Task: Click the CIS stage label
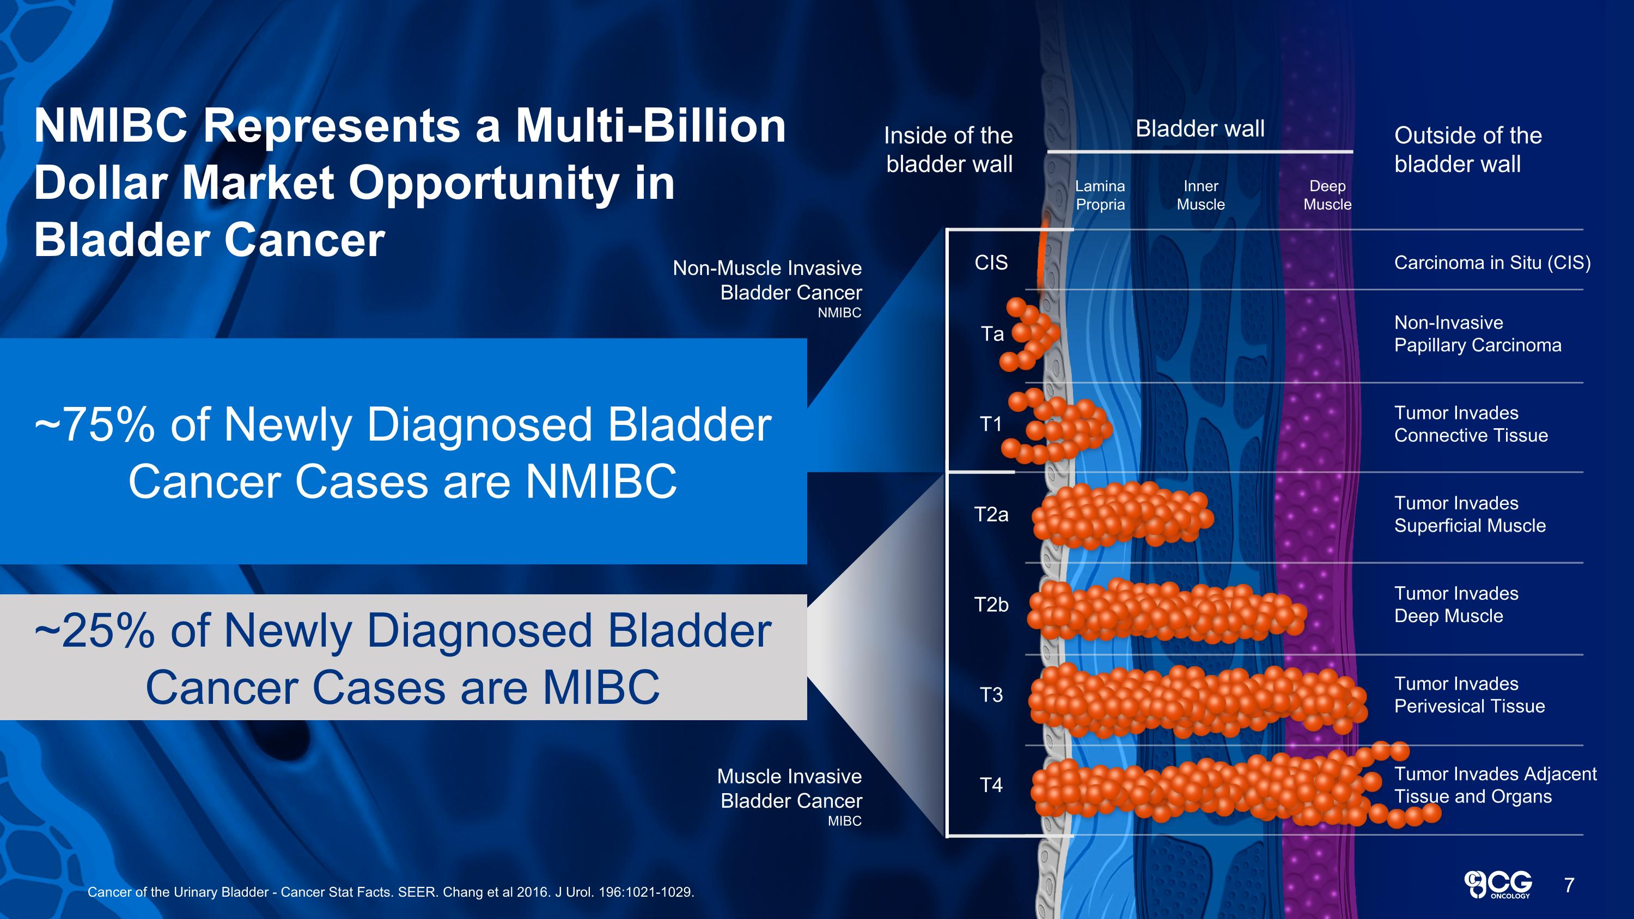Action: [991, 263]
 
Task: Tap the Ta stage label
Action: [992, 333]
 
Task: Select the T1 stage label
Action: [991, 424]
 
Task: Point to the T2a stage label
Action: [991, 514]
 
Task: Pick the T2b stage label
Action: [991, 605]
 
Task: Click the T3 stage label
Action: [991, 695]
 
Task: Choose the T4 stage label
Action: [991, 785]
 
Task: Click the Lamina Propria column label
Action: [1100, 196]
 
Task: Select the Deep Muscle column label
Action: [1327, 196]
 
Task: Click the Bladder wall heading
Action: [1199, 129]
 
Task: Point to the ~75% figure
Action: [95, 424]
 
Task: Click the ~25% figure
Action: [95, 631]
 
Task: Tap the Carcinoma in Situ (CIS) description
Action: [1492, 263]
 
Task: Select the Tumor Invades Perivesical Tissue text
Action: [1469, 695]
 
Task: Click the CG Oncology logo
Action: [1498, 884]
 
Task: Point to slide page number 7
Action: [1569, 885]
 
